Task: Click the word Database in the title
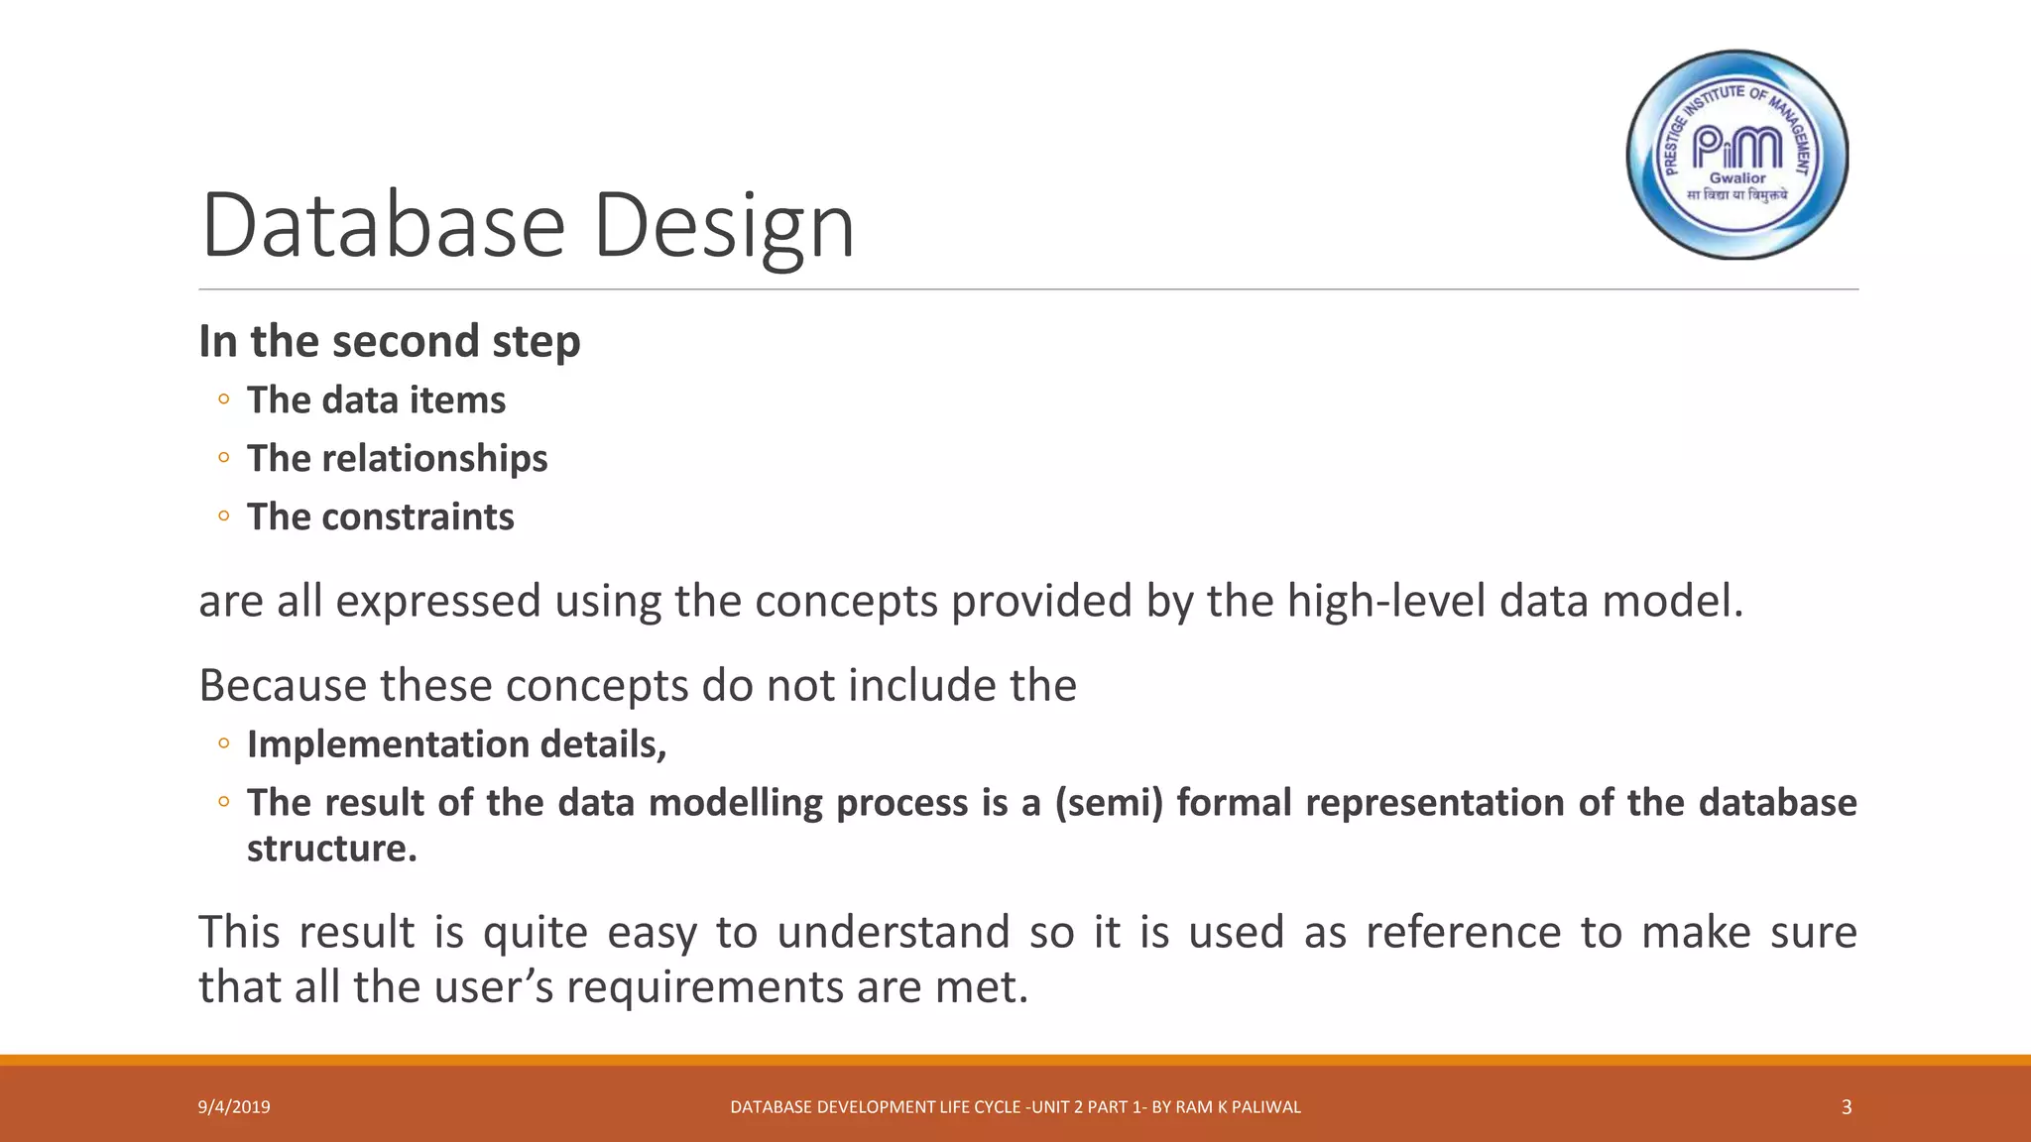(383, 226)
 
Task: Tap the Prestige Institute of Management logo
(1737, 155)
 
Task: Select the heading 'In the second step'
(389, 341)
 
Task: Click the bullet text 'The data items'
(376, 400)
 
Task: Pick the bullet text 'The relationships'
(397, 459)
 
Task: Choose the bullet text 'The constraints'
(380, 517)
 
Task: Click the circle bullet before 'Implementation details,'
(224, 743)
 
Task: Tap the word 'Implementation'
(388, 744)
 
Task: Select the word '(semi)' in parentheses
(1108, 803)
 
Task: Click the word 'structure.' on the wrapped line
(331, 849)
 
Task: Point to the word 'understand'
(893, 933)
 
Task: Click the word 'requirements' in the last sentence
(703, 987)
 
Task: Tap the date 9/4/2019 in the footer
(234, 1107)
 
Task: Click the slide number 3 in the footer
(1846, 1107)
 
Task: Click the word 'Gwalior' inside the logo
(1737, 178)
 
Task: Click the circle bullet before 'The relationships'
(224, 458)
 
